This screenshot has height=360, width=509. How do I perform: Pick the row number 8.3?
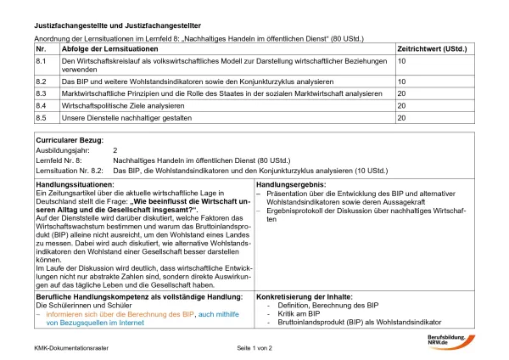(x=41, y=93)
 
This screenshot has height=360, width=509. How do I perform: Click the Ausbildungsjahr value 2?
(x=115, y=149)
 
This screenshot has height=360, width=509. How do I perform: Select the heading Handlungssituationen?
(x=76, y=183)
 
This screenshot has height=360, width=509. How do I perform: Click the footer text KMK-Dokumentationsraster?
(x=69, y=348)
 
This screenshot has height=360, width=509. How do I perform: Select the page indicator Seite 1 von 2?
(x=255, y=348)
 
